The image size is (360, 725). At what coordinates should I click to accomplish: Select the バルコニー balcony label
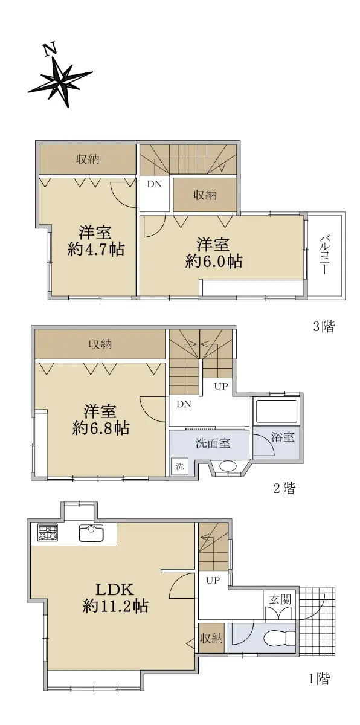tap(324, 256)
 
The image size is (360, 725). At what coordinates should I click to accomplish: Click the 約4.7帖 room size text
tap(96, 250)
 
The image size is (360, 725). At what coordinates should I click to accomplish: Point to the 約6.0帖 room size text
tap(214, 261)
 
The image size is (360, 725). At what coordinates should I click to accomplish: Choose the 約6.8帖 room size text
tap(101, 428)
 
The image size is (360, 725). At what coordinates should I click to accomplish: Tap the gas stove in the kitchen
tap(48, 533)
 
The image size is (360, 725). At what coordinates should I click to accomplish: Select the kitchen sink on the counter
tap(91, 533)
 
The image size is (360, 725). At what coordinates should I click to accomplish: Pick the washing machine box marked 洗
tap(180, 466)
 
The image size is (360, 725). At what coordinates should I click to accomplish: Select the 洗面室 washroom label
tap(213, 443)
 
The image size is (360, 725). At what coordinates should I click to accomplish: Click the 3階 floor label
tap(323, 326)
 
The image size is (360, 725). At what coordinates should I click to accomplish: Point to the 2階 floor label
tap(284, 488)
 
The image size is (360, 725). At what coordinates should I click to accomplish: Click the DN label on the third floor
tap(154, 184)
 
